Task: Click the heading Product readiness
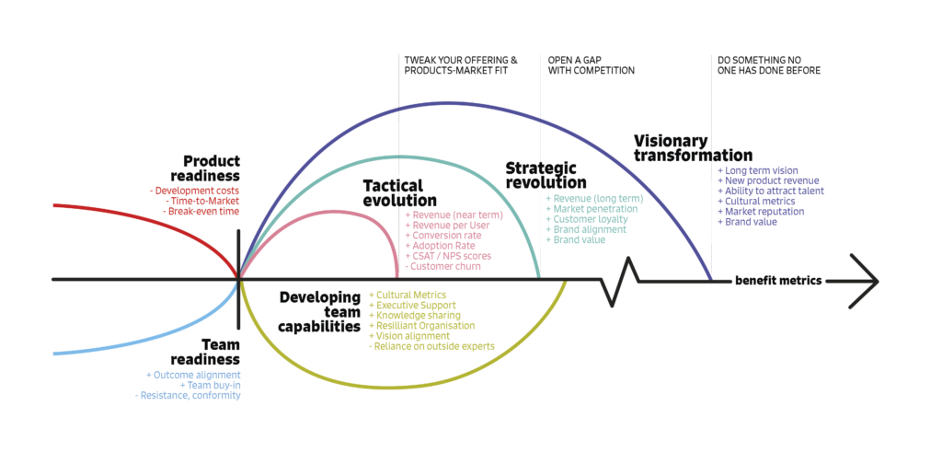(x=211, y=168)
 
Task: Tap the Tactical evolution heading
(x=399, y=193)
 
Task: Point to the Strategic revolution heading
(x=546, y=175)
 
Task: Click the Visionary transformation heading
(x=693, y=148)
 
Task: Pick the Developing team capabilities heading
(x=320, y=311)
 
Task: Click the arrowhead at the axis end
(x=865, y=280)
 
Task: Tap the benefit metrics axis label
(x=777, y=281)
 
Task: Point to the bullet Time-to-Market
(x=201, y=201)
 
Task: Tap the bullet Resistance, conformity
(x=188, y=395)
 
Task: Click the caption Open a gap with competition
(x=591, y=64)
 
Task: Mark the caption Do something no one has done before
(x=768, y=64)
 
